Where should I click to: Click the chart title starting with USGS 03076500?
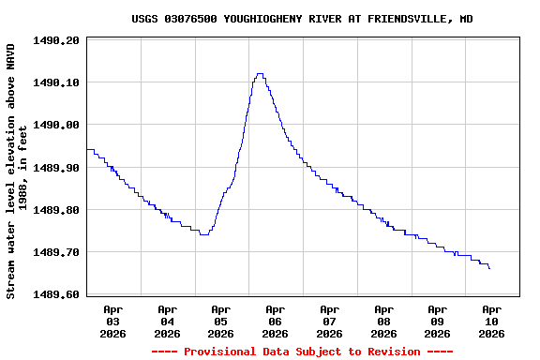pos(302,19)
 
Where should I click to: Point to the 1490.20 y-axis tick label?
pos(56,40)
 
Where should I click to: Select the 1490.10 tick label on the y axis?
pos(56,82)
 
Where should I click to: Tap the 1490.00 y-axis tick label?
pos(56,125)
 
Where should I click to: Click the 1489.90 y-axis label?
pos(56,168)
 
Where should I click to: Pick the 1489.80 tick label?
pos(56,210)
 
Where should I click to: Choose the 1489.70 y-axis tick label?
pos(56,252)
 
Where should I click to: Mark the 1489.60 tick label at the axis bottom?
pos(56,294)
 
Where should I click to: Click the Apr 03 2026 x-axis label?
pos(113,321)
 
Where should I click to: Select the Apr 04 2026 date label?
pos(167,321)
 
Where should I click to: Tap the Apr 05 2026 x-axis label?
pos(221,321)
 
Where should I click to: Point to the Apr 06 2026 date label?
pos(276,321)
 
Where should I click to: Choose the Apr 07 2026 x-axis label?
pos(329,321)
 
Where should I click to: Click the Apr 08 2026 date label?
pos(383,321)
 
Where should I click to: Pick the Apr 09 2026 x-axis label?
pos(437,321)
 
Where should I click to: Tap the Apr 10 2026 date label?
pos(491,321)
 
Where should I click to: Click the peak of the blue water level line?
pos(260,74)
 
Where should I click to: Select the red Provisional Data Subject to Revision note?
pos(302,352)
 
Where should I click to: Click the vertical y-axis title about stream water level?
pos(17,171)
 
